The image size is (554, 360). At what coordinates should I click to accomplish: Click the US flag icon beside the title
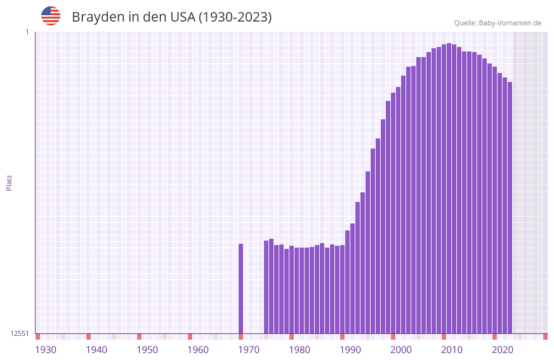click(51, 16)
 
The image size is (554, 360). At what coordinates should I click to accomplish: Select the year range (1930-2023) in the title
click(235, 17)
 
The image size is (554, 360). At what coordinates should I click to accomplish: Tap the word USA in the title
click(182, 17)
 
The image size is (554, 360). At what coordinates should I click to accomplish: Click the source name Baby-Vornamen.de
click(510, 23)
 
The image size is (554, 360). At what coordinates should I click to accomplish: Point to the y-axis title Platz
click(9, 182)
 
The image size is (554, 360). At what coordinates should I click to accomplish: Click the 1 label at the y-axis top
click(27, 32)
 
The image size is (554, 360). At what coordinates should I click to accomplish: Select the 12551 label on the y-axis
click(20, 333)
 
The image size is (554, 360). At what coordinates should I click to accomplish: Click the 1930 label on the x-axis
click(46, 350)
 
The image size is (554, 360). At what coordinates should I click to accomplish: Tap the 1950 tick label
click(147, 350)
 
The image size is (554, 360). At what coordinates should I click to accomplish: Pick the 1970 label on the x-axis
click(249, 350)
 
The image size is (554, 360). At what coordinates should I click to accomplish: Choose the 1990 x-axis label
click(350, 350)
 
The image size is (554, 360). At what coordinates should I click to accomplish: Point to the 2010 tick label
click(452, 350)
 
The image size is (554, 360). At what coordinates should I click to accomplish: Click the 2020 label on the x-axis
click(503, 350)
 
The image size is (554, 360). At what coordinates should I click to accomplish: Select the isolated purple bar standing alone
click(241, 288)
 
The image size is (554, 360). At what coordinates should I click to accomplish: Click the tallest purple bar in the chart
click(449, 188)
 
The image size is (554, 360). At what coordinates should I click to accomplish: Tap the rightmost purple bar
click(510, 208)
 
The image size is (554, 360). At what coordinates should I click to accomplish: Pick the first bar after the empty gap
click(267, 287)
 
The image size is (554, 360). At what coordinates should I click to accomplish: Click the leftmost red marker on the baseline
click(38, 337)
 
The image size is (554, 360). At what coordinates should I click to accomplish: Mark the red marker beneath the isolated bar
click(241, 337)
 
